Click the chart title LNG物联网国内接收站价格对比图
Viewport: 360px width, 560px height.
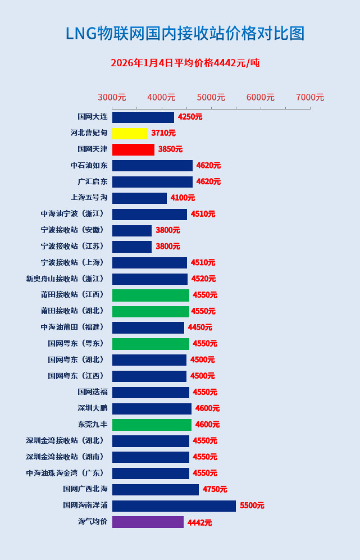coord(185,34)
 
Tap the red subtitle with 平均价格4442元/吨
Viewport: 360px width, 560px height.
coord(185,63)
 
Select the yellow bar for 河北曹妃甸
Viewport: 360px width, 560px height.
coord(130,133)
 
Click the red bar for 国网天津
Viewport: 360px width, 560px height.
coord(133,149)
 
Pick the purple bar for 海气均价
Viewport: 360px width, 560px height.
coord(148,522)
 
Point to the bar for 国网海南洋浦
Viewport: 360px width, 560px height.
coord(174,506)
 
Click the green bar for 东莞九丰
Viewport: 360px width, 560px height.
coord(152,425)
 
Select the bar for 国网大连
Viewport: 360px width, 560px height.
coord(143,117)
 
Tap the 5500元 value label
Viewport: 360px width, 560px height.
coord(252,506)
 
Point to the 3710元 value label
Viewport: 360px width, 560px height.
coord(163,133)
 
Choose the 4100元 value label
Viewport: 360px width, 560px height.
coord(183,198)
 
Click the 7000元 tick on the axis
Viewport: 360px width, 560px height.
coord(310,97)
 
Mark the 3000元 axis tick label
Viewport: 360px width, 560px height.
coord(112,97)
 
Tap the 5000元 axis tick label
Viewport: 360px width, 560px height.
coord(211,97)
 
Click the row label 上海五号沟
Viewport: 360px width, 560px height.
coord(89,198)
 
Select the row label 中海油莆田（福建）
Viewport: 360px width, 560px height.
coord(72,327)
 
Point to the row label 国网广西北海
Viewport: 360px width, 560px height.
coord(85,489)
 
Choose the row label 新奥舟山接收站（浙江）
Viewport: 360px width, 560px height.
coord(65,279)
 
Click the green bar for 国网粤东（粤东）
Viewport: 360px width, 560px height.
coord(151,344)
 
